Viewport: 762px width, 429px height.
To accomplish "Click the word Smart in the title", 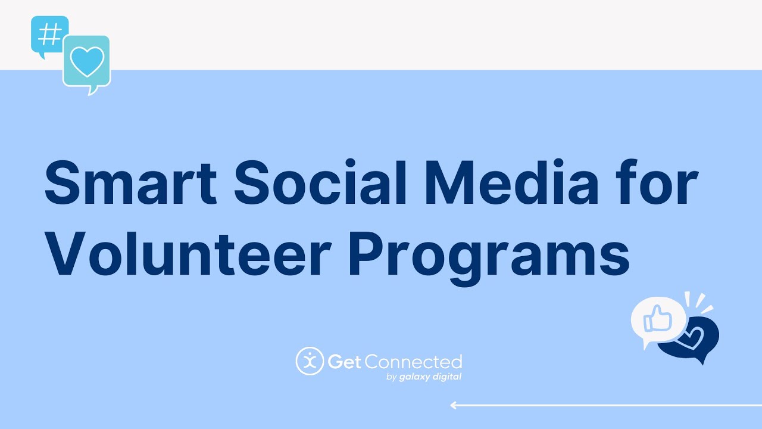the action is point(130,182).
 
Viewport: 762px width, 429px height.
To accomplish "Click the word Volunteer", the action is point(188,254).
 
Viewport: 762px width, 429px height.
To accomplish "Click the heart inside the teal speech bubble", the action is point(87,61).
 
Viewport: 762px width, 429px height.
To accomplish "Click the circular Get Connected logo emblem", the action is point(310,361).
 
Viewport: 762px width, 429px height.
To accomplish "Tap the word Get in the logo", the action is point(344,362).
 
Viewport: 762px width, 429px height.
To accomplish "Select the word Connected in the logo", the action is point(413,362).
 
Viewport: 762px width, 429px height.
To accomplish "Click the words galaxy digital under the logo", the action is point(430,377).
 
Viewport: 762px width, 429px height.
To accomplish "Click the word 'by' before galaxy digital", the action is point(392,377).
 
